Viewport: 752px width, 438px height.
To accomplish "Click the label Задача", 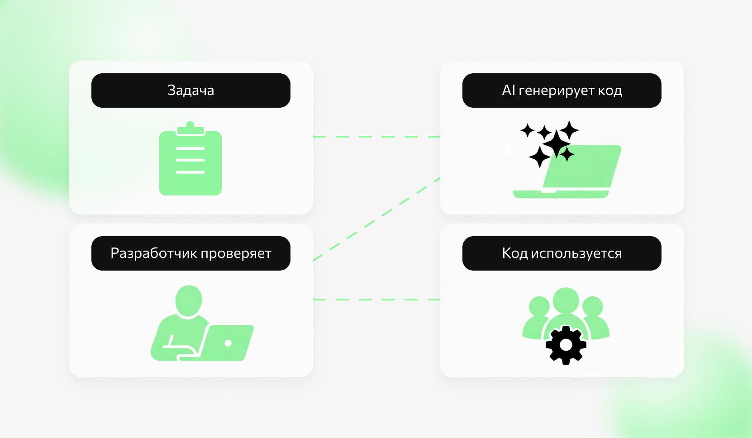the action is pos(190,90).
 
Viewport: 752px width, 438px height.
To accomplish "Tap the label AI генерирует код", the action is pos(562,90).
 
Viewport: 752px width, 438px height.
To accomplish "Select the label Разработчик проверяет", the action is pos(190,253).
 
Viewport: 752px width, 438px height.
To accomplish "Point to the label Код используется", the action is pos(562,253).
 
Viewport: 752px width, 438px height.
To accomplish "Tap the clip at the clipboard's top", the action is pos(190,129).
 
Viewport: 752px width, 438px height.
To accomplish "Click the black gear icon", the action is pos(566,345).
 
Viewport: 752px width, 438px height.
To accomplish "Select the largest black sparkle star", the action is pos(557,144).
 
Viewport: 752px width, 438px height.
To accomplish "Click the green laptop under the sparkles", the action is pos(567,171).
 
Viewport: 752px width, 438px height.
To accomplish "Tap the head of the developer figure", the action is pos(189,300).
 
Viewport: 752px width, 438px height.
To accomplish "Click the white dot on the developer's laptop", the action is pos(228,343).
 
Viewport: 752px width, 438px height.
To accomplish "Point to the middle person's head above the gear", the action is pos(566,300).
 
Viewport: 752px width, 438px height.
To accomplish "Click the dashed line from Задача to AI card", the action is pos(376,137).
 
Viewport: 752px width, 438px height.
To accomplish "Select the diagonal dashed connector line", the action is pos(376,219).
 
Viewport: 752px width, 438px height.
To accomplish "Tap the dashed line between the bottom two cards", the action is pos(376,300).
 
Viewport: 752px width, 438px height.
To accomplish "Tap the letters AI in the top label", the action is pos(508,90).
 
